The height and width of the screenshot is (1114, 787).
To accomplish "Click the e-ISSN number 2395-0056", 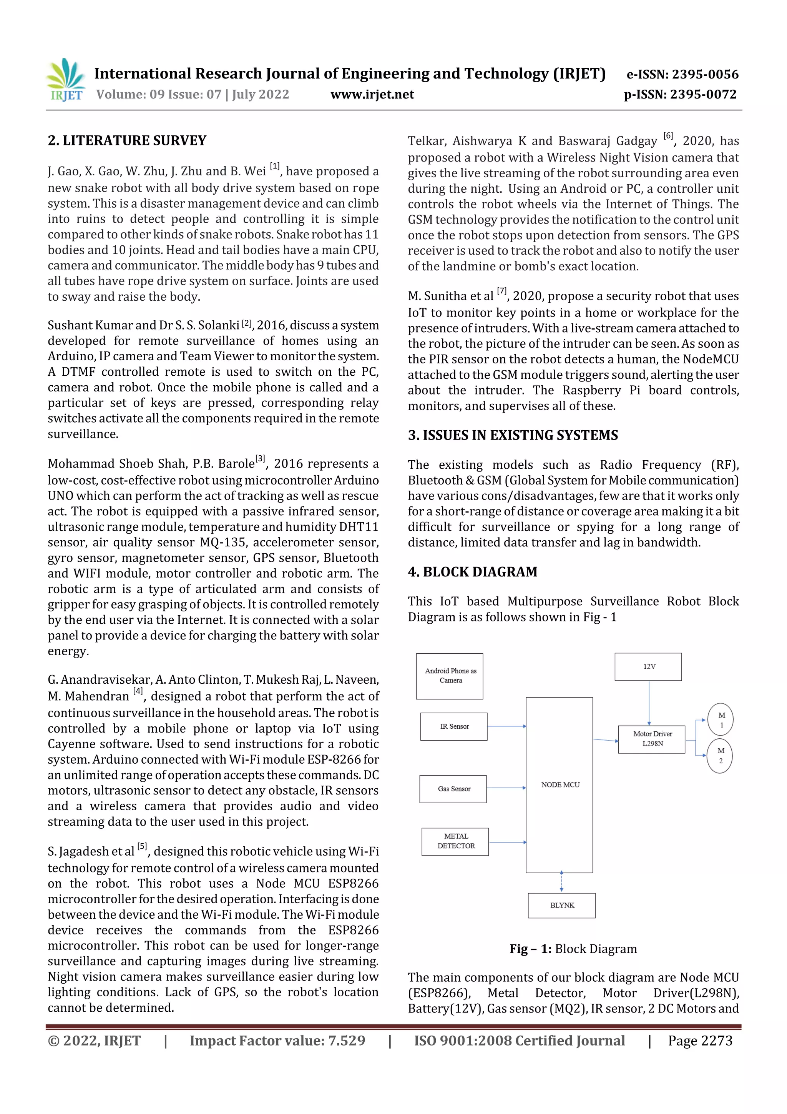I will click(682, 74).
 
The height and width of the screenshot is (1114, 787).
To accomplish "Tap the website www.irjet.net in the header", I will click(372, 95).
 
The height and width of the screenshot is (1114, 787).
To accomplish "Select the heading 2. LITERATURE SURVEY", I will click(127, 141).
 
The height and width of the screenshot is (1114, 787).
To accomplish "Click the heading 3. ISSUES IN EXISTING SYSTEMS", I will click(513, 435).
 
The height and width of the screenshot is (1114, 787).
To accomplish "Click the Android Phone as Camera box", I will click(450, 676).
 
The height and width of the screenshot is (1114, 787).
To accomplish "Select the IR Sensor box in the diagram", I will click(454, 726).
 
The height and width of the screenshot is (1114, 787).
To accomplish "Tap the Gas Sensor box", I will click(453, 789).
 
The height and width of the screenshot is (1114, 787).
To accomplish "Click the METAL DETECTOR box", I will click(455, 841).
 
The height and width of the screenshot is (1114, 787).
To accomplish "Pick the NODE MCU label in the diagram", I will click(560, 784).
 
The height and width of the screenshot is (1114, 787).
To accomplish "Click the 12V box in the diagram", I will click(648, 667).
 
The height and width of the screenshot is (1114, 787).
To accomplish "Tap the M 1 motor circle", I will click(721, 719).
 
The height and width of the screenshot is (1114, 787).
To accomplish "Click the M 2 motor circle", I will click(720, 756).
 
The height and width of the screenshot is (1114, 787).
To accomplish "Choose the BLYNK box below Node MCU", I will click(561, 905).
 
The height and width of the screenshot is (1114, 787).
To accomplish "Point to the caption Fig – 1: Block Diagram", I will click(573, 949).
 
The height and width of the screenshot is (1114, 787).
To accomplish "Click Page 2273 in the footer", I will click(700, 1041).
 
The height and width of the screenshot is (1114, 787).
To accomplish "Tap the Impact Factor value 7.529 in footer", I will click(277, 1041).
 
